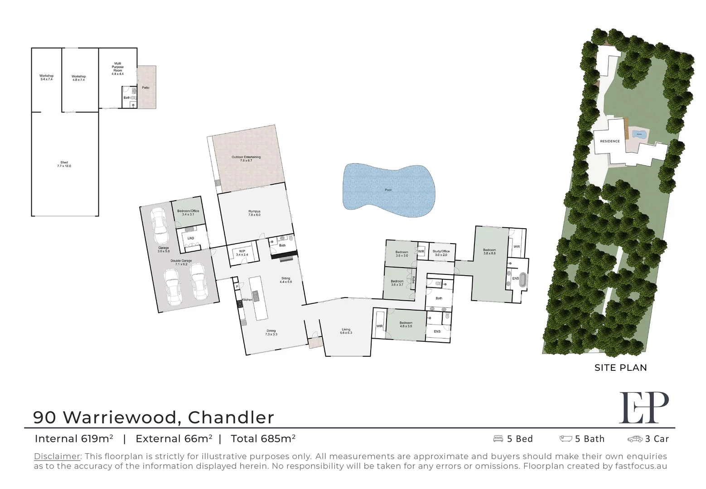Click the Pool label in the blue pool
pyautogui.click(x=388, y=190)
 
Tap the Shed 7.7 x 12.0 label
pyautogui.click(x=64, y=164)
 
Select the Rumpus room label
pyautogui.click(x=254, y=213)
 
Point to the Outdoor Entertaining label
pyautogui.click(x=246, y=158)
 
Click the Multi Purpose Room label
pyautogui.click(x=117, y=68)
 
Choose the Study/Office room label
pyautogui.click(x=441, y=253)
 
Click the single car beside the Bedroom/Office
pyautogui.click(x=159, y=225)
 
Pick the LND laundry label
pyautogui.click(x=191, y=238)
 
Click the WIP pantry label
pyautogui.click(x=242, y=253)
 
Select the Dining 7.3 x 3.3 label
pyautogui.click(x=271, y=332)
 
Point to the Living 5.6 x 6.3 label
pyautogui.click(x=346, y=331)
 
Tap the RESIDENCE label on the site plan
pyautogui.click(x=610, y=141)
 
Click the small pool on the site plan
pyautogui.click(x=639, y=134)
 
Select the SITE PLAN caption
pyautogui.click(x=620, y=368)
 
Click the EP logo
pyautogui.click(x=643, y=407)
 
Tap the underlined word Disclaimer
pyautogui.click(x=57, y=456)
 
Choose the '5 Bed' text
pyautogui.click(x=520, y=439)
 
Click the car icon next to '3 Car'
pyautogui.click(x=635, y=439)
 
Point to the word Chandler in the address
pyautogui.click(x=231, y=417)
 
